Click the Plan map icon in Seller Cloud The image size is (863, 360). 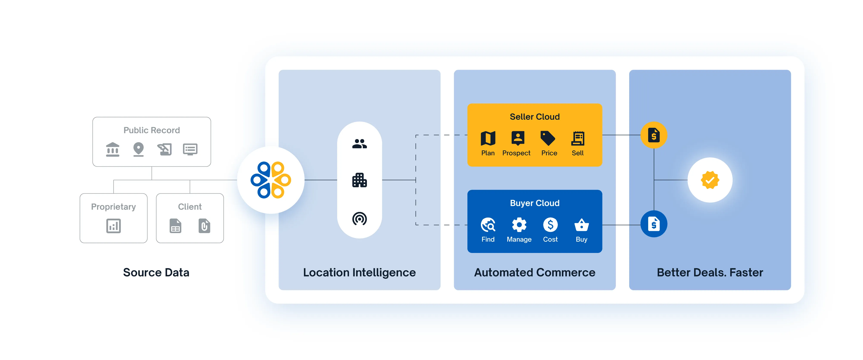click(488, 138)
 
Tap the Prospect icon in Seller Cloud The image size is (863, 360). click(518, 138)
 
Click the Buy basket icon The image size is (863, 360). click(581, 225)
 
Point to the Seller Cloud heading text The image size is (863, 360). click(535, 117)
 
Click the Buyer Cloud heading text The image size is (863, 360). click(535, 203)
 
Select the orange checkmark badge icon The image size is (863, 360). click(710, 180)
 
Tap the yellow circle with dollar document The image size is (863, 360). click(654, 135)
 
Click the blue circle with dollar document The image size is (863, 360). click(654, 224)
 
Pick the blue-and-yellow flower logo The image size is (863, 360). click(271, 180)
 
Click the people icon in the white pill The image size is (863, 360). click(360, 144)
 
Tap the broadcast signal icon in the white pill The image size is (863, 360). click(360, 219)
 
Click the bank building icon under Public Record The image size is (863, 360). click(113, 149)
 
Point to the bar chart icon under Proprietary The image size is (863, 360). click(114, 226)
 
